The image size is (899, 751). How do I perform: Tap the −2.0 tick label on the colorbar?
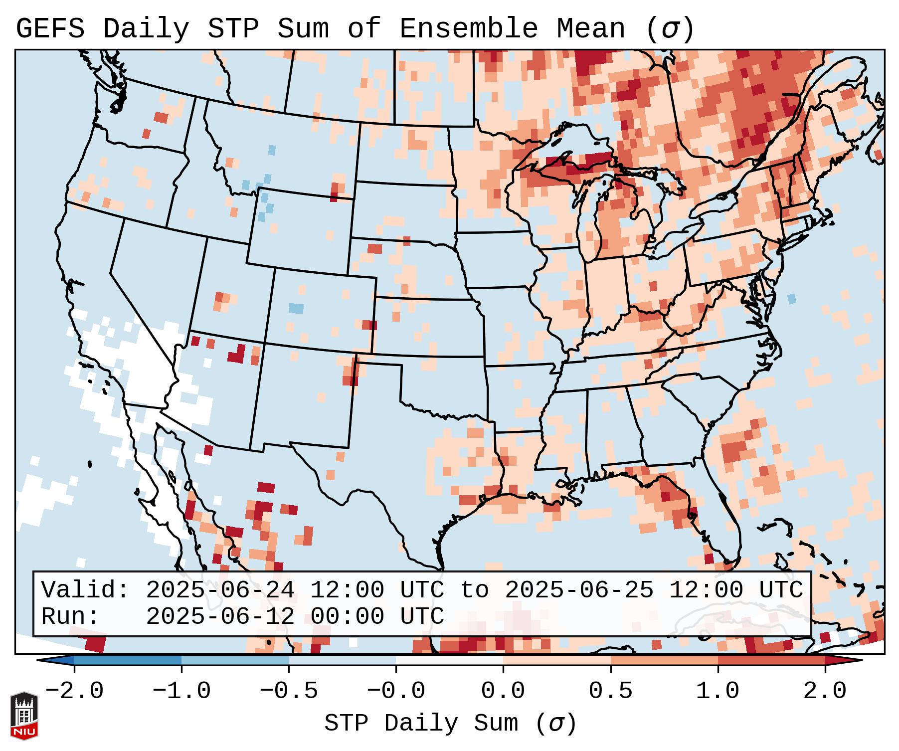74,691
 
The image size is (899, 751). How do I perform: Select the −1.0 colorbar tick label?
181,691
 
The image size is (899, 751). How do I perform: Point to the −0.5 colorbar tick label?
289,691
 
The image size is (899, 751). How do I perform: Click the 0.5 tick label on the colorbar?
610,691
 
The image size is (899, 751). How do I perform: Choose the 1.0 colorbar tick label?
718,691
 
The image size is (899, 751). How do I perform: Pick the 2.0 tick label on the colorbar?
825,691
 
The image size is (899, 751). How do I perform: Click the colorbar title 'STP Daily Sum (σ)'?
450,724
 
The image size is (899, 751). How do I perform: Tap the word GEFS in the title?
50,29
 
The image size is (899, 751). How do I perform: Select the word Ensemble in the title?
469,29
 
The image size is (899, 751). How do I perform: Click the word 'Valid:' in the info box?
85,590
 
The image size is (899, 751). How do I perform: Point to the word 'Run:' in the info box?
70,617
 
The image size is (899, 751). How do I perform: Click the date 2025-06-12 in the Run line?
220,617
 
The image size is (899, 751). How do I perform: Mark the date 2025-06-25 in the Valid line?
579,590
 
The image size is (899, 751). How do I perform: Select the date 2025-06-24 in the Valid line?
220,590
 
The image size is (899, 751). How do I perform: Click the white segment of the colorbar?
449,660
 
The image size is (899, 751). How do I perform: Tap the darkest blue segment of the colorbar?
128,660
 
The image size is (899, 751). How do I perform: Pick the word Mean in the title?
590,29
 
